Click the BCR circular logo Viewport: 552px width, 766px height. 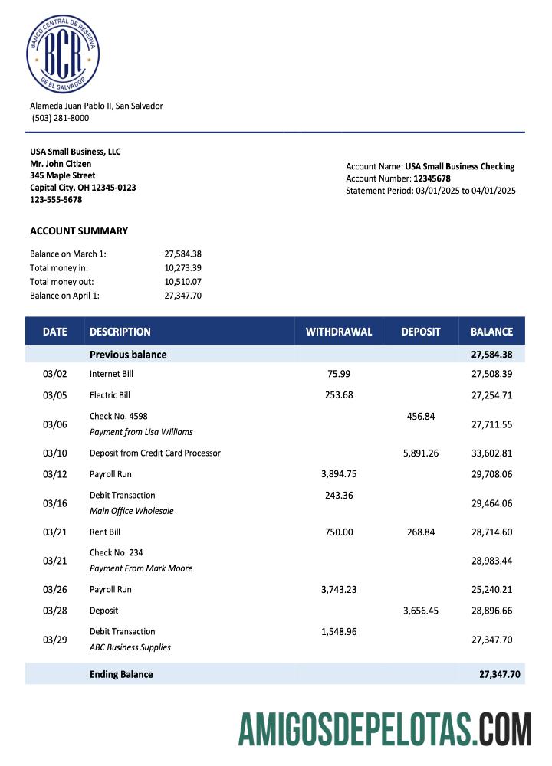tap(63, 55)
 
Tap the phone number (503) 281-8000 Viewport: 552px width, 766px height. tap(61, 118)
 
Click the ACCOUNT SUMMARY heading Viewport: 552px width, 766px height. tap(79, 231)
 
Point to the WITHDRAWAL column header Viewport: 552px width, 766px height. tap(339, 332)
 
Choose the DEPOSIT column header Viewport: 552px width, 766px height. tap(421, 332)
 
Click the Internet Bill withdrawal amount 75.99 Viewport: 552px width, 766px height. tap(339, 374)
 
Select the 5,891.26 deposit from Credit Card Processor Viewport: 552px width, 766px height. tap(421, 453)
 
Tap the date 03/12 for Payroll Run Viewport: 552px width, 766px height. tap(54, 474)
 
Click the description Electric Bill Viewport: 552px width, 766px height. tap(110, 395)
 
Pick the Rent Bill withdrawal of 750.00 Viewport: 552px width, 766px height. tap(339, 532)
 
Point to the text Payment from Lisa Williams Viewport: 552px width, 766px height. tap(141, 432)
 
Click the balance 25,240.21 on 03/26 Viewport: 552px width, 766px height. tap(491, 590)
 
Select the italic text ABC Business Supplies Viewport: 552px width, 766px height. tap(130, 647)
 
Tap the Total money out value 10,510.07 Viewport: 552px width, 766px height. tap(182, 282)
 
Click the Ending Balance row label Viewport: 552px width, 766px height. tap(121, 674)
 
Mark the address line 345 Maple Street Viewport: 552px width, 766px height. tap(63, 175)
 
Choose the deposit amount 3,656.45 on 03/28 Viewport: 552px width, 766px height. tap(421, 611)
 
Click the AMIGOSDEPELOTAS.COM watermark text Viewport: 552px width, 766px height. tap(385, 728)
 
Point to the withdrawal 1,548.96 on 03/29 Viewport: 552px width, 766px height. tap(339, 632)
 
